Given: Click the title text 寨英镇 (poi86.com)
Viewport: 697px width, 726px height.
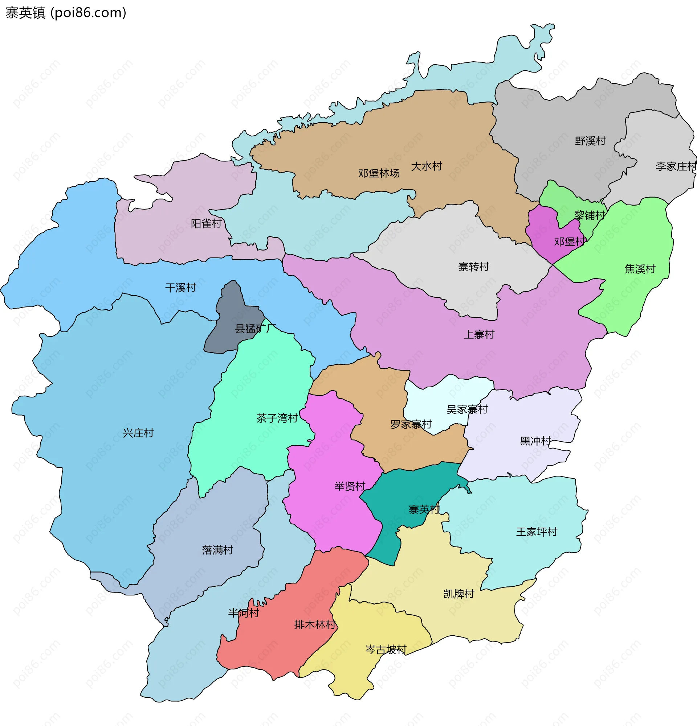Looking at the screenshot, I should point(66,13).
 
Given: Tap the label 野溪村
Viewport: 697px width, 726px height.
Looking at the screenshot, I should point(590,141).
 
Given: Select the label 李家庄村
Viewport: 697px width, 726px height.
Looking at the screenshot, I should point(676,166).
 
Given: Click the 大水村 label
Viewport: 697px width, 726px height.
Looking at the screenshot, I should point(426,166).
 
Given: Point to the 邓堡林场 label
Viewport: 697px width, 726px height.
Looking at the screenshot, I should point(379,173).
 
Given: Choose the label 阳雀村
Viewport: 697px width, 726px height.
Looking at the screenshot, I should point(206,223).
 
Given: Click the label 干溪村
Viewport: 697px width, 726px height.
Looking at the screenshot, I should point(180,288).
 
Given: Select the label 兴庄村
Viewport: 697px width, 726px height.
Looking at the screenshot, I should point(138,433).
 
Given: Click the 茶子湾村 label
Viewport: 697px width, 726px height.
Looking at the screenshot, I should point(277,418).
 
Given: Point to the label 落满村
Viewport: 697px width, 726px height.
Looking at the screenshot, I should point(217,550).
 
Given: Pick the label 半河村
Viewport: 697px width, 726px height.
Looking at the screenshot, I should point(244,612).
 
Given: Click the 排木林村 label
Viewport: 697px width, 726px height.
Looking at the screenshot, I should point(315,624).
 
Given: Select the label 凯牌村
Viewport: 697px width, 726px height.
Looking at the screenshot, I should point(459,594).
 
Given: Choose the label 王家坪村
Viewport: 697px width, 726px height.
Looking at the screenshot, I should point(537,532).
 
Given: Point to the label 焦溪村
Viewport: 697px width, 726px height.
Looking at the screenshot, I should point(640,269).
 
